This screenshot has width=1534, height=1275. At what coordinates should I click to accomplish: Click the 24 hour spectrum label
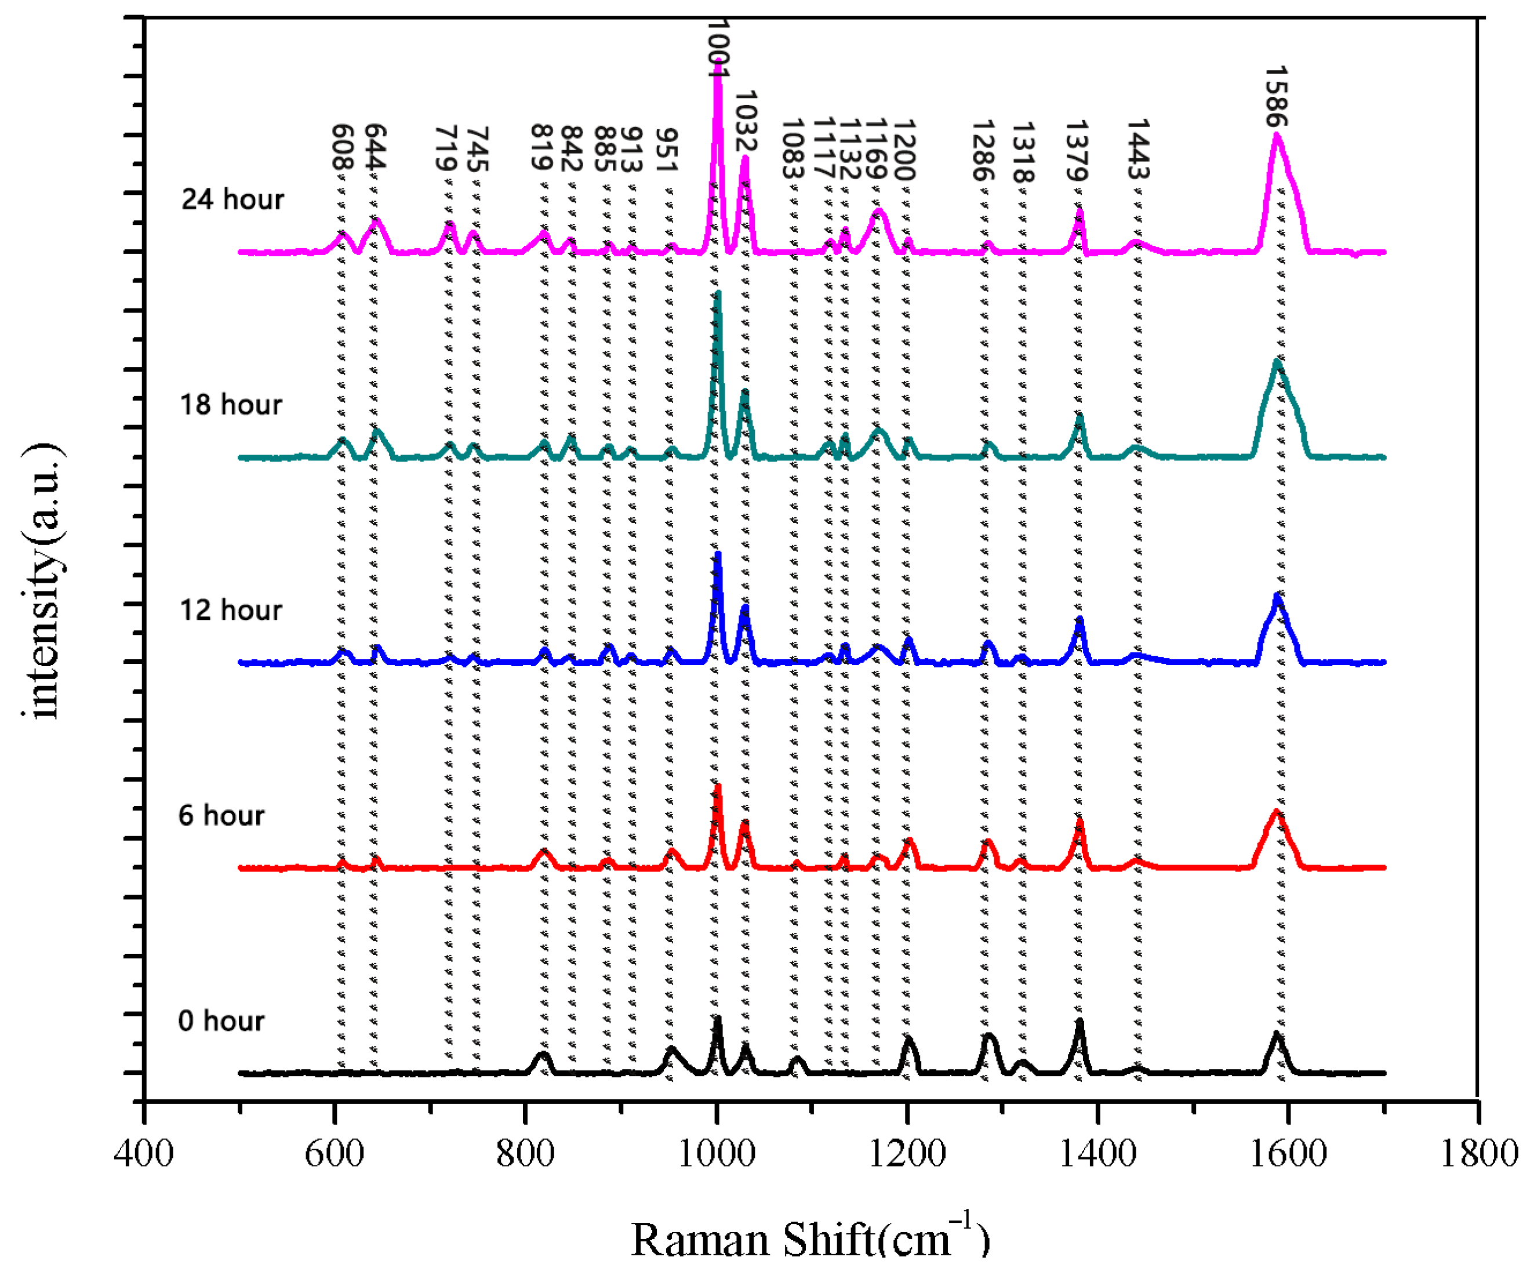pos(232,199)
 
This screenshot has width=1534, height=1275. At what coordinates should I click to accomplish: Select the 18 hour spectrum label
pos(231,404)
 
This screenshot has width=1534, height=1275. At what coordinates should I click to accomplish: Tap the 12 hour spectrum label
pos(231,609)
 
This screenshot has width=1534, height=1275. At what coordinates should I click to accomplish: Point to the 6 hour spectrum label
pos(221,815)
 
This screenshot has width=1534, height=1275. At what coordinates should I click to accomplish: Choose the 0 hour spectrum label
pos(221,1020)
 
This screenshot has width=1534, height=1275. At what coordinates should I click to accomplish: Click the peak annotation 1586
pos(1275,96)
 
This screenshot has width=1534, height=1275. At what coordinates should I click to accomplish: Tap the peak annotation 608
pos(343,146)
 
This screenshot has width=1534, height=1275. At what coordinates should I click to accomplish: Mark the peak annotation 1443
pos(1138,148)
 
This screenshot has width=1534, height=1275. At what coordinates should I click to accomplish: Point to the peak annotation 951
pos(666,150)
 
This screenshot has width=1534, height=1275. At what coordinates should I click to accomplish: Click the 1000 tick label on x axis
pos(717,1154)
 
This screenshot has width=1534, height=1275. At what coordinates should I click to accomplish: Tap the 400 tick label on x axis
pos(144,1154)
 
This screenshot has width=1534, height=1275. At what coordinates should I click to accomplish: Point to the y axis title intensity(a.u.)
pos(42,581)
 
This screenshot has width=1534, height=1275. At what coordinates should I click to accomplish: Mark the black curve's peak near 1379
pos(1079,1022)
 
